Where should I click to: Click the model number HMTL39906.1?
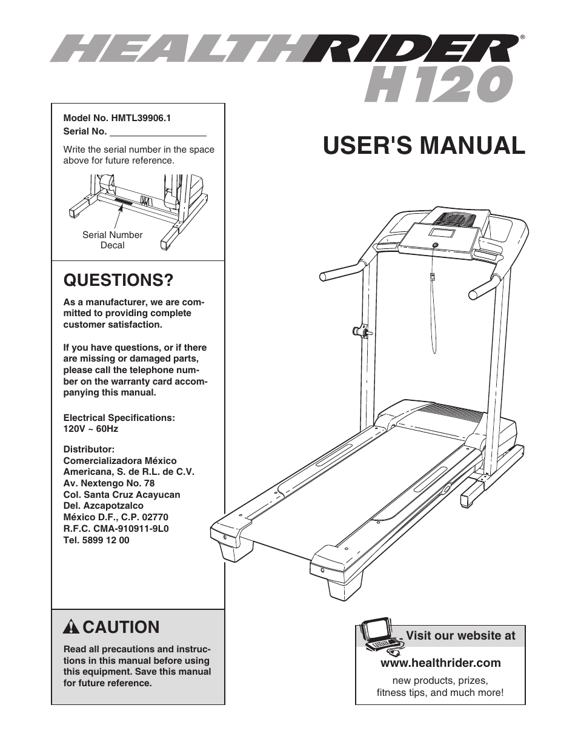pyautogui.click(x=141, y=119)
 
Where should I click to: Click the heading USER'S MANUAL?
pyautogui.click(x=424, y=145)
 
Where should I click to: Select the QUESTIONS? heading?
pyautogui.click(x=118, y=280)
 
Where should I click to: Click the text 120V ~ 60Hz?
pyautogui.click(x=91, y=429)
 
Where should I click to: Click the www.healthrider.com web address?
pyautogui.click(x=440, y=663)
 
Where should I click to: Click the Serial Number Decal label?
pyautogui.click(x=112, y=240)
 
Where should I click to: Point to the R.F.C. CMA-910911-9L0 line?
pyautogui.click(x=116, y=529)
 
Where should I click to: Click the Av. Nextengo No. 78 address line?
pyautogui.click(x=109, y=483)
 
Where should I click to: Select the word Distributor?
pyautogui.click(x=89, y=449)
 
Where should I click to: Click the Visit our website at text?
pyautogui.click(x=460, y=635)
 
